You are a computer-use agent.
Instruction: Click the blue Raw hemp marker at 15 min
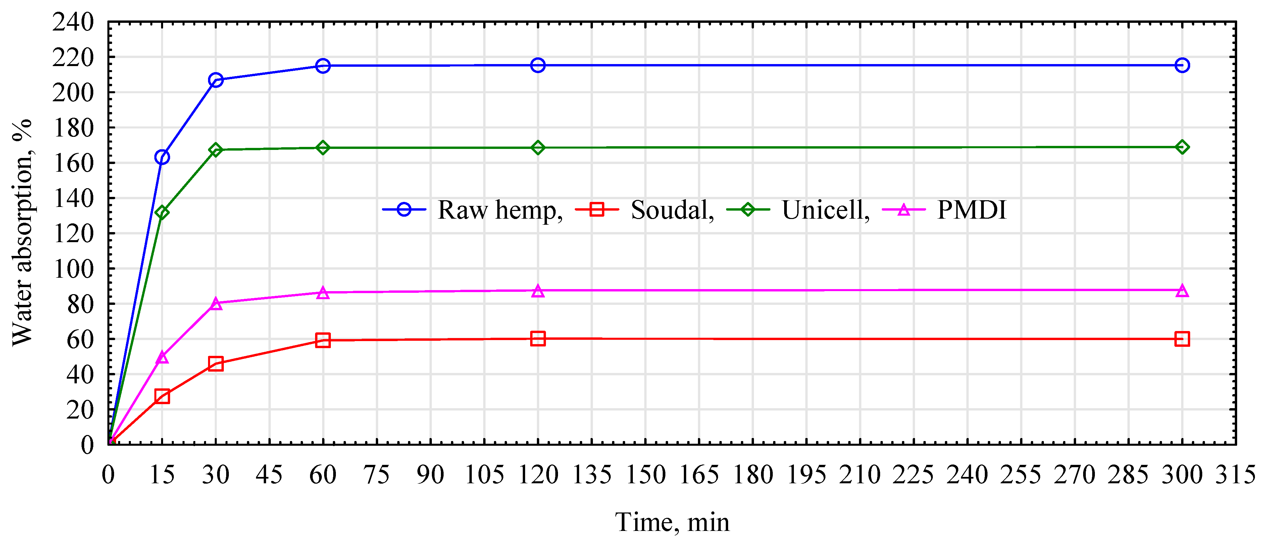click(x=162, y=157)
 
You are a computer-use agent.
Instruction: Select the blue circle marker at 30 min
click(x=215, y=80)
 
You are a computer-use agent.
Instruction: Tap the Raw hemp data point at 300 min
click(x=1182, y=65)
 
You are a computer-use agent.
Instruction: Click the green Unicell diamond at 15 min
click(x=162, y=212)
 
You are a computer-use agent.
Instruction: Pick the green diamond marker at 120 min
click(x=538, y=148)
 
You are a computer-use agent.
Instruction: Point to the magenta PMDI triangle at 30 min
click(x=215, y=304)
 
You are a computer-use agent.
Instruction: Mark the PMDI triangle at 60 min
click(x=323, y=292)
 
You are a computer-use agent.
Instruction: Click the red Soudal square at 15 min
click(x=162, y=396)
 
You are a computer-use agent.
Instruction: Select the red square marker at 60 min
click(x=323, y=340)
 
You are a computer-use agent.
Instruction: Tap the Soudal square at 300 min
click(x=1182, y=339)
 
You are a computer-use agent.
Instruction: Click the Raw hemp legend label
click(x=499, y=210)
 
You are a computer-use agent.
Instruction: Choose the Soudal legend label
click(x=671, y=210)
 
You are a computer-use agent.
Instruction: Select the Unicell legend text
click(x=825, y=210)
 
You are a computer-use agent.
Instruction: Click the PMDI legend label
click(x=971, y=210)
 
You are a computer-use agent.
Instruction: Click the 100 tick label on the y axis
click(x=73, y=269)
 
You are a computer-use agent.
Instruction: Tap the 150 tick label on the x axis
click(x=645, y=475)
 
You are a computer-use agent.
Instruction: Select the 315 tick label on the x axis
click(x=1235, y=475)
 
